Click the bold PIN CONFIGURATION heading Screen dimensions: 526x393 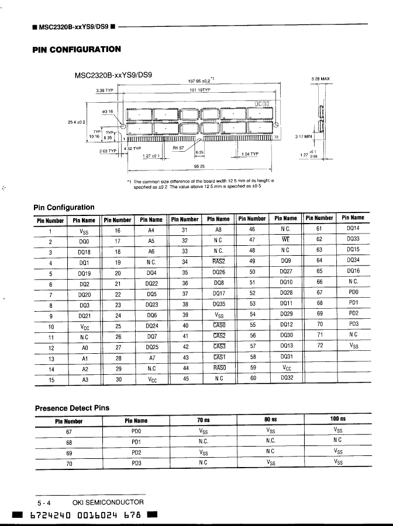pyautogui.click(x=76, y=49)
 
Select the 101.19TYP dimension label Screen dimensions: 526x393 pyautogui.click(x=201, y=91)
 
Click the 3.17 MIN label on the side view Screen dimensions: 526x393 pyautogui.click(x=305, y=137)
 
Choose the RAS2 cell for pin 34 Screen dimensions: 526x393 pyautogui.click(x=219, y=262)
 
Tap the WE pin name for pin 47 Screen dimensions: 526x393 pyautogui.click(x=285, y=240)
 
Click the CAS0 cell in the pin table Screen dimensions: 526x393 pyautogui.click(x=219, y=325)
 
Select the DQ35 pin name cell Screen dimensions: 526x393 pyautogui.click(x=219, y=304)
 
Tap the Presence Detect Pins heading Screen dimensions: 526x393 pyautogui.click(x=72, y=408)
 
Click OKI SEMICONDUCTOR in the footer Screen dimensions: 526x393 pyautogui.click(x=108, y=502)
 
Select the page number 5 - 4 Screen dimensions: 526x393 pyautogui.click(x=44, y=503)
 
